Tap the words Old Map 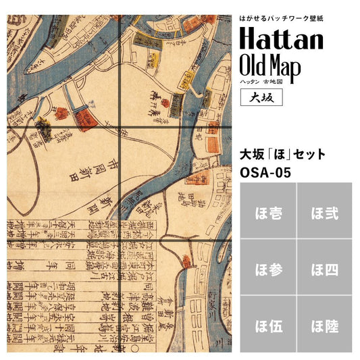273,66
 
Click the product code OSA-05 265,172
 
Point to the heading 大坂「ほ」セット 283,155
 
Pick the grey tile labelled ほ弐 324,214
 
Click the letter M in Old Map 278,66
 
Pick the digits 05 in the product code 282,172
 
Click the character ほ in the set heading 283,155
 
